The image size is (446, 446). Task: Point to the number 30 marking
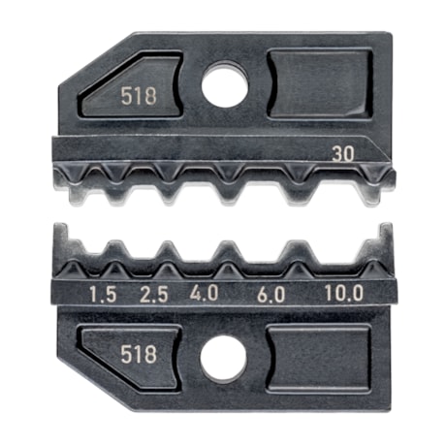click(x=340, y=152)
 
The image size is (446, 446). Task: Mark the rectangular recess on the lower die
click(x=319, y=358)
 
